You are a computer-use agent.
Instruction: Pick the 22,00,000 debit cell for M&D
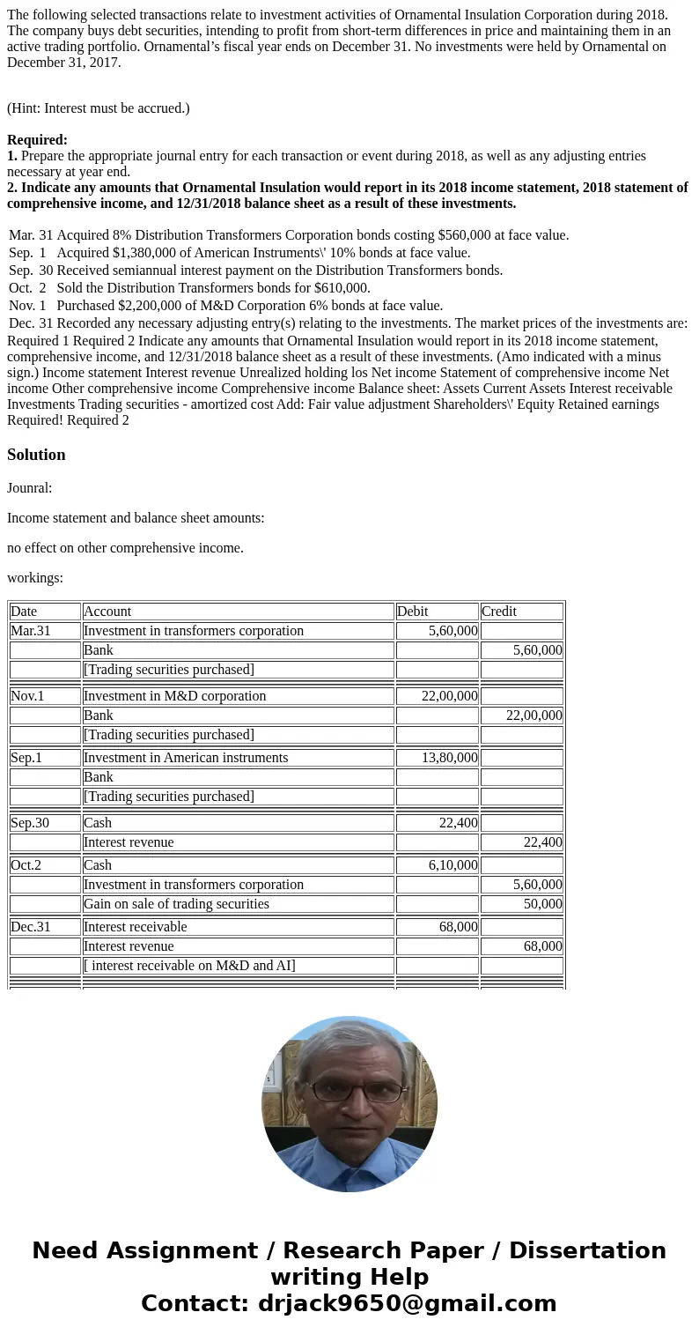[437, 696]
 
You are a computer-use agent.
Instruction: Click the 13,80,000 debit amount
[437, 758]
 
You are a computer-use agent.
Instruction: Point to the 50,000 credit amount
[521, 904]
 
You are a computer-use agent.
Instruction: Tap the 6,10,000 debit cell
[437, 865]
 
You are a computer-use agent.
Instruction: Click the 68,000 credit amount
[521, 946]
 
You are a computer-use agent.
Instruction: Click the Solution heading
[36, 455]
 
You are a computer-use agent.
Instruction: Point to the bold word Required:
[37, 140]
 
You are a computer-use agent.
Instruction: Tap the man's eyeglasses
[349, 1091]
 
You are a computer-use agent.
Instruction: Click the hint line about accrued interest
[99, 108]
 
